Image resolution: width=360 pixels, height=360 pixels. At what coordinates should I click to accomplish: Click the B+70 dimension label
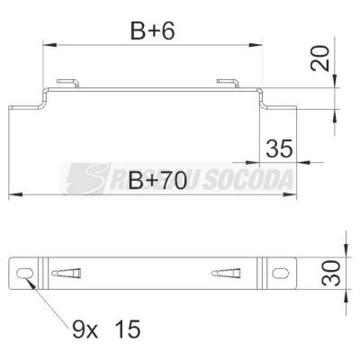pos(157,181)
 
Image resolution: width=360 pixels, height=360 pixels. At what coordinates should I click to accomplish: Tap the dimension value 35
pos(279,148)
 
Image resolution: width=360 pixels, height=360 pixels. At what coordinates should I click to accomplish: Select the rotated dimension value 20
pos(320,58)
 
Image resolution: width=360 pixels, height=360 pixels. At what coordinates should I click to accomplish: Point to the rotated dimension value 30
pos(331,273)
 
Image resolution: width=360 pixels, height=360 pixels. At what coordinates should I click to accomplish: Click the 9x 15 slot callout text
pos(106,328)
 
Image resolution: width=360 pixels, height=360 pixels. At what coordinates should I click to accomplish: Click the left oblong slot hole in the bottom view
pos(24,273)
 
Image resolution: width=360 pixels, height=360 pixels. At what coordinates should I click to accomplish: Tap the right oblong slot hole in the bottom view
pos(280,273)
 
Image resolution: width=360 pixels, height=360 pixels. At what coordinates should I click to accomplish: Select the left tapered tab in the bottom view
pos(66,273)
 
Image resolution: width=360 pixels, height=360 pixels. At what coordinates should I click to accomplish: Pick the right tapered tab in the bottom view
pos(226,273)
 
